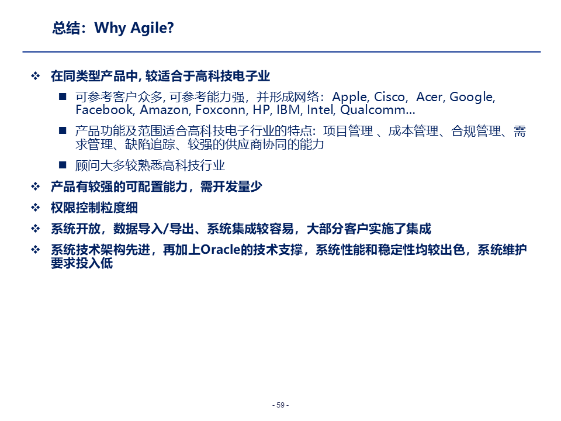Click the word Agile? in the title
(152, 28)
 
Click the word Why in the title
(110, 28)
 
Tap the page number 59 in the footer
(280, 405)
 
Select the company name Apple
(350, 97)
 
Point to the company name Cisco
(389, 96)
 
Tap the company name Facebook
(105, 109)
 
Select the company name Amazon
(164, 109)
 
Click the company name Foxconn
(221, 109)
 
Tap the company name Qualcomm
(373, 109)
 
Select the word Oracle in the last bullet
(220, 250)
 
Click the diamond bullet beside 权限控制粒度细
(36, 207)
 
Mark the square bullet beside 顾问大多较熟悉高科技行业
(63, 165)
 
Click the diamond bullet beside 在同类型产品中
(36, 75)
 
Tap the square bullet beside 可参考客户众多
(63, 96)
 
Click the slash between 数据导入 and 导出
(165, 229)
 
